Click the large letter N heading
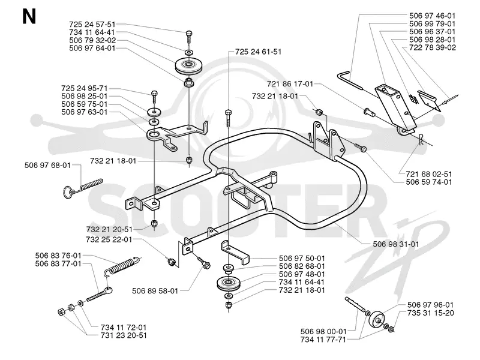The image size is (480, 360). [29, 17]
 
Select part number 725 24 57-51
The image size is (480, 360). [92, 24]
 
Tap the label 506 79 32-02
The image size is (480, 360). [92, 40]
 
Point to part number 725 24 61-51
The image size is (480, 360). [258, 52]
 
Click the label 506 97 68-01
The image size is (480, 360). [47, 166]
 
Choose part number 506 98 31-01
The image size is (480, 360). [396, 244]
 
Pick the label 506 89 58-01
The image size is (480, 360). [155, 290]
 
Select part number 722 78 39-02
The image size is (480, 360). [433, 47]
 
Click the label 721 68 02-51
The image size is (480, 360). [429, 174]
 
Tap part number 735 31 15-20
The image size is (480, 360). [430, 313]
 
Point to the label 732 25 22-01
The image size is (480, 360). [109, 239]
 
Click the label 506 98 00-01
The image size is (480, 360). [323, 331]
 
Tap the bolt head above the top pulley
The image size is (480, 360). [189, 33]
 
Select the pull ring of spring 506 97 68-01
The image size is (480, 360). [68, 193]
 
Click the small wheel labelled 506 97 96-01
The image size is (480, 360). [376, 320]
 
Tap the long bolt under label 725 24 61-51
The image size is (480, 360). [229, 118]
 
